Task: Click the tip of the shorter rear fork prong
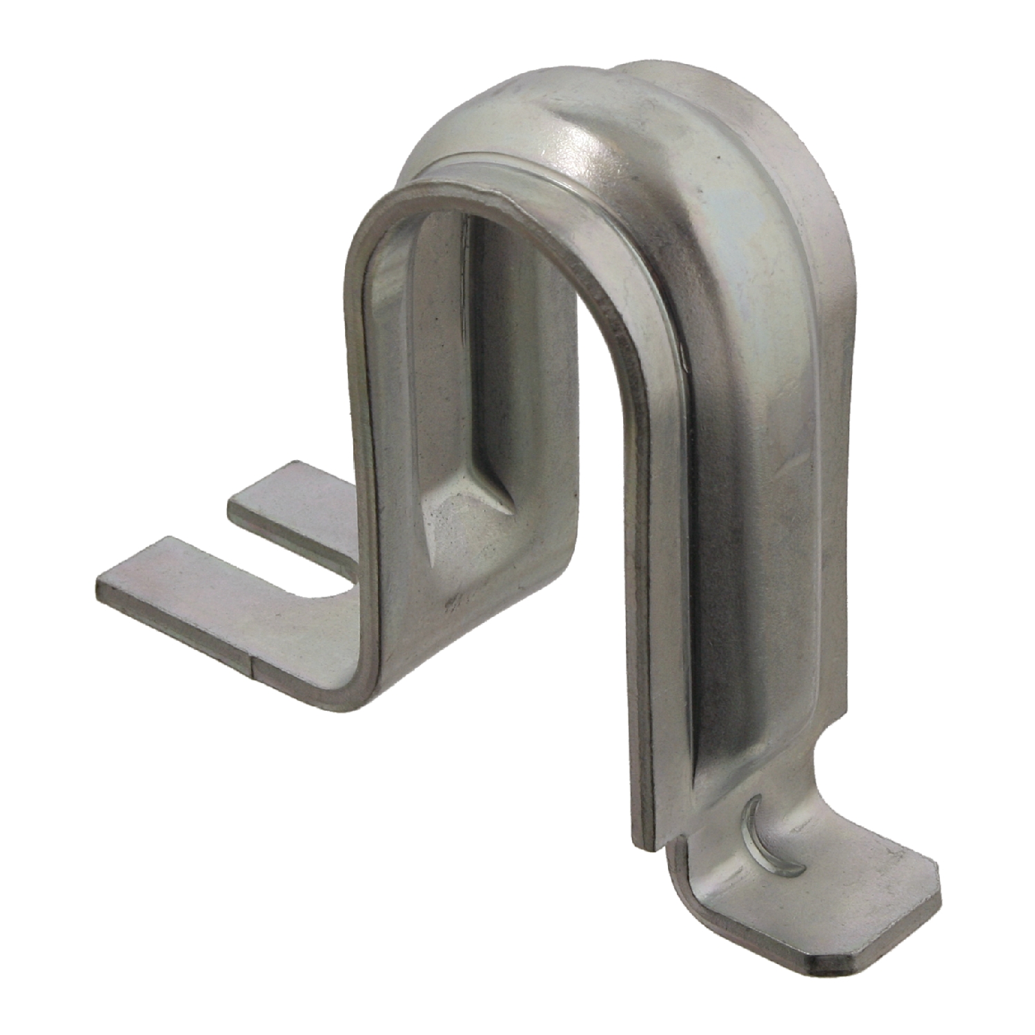click(235, 507)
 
